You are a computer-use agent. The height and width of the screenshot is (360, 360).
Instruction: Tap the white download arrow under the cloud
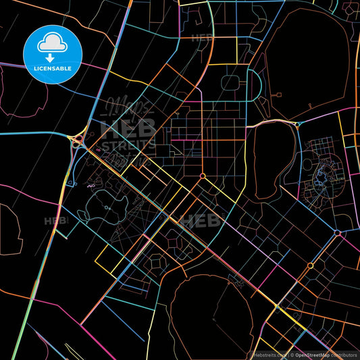pos(50,59)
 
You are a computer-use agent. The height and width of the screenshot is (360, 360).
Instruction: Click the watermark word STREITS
pos(128,143)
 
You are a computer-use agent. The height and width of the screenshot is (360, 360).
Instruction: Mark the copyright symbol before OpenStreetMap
pos(292,353)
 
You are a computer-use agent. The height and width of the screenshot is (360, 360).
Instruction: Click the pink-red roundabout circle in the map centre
pos(203,176)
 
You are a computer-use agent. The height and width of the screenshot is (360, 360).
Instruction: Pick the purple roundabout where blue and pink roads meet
pos(337,233)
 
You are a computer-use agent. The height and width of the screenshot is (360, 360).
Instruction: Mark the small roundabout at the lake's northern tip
pos(297,125)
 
